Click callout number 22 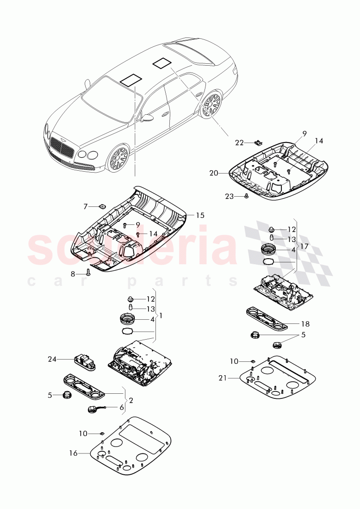click(x=239, y=143)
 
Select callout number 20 click(x=213, y=173)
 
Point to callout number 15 click(x=200, y=216)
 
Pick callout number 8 click(x=73, y=274)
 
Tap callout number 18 click(x=305, y=324)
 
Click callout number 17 click(x=304, y=247)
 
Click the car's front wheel click(x=118, y=158)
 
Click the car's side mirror click(x=148, y=118)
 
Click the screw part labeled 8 click(x=89, y=272)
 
